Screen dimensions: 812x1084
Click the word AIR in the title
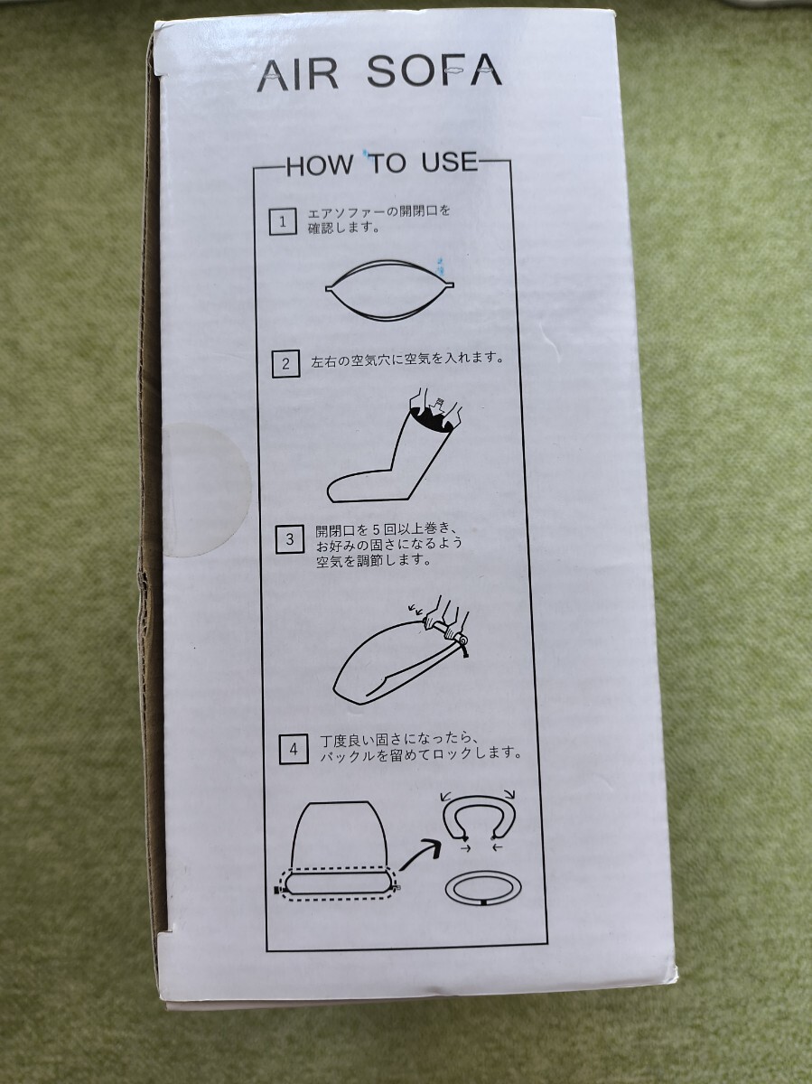(298, 77)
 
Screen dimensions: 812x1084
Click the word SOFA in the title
(434, 70)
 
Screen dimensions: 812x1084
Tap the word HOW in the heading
(320, 165)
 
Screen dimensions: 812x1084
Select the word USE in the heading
(450, 162)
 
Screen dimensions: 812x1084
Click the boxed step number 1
(283, 221)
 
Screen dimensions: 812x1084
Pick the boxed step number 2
(285, 364)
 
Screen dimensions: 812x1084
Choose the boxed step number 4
(294, 750)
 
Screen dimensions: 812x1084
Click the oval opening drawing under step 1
(389, 288)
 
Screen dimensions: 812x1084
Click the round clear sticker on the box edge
(209, 490)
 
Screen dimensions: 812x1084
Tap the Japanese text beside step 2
(407, 360)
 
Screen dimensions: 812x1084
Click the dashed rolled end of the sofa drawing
(339, 884)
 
